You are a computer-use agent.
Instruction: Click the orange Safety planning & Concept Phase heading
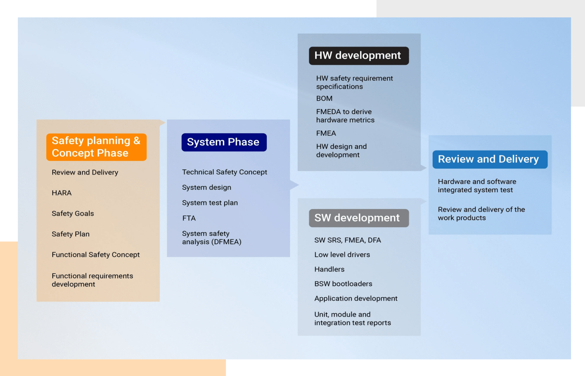(x=96, y=147)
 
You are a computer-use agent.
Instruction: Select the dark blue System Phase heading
(x=224, y=142)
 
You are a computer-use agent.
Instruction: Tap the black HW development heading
(x=359, y=56)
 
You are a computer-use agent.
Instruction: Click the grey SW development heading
(x=359, y=218)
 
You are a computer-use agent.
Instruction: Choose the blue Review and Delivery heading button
(x=490, y=159)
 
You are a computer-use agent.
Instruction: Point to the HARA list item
(x=62, y=193)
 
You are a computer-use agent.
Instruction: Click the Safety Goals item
(x=73, y=214)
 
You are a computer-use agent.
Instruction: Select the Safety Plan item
(x=71, y=234)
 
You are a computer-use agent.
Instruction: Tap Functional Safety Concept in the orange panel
(x=96, y=255)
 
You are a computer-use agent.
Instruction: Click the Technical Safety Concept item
(x=225, y=172)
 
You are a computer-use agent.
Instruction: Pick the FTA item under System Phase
(x=189, y=218)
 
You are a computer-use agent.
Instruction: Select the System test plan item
(x=210, y=203)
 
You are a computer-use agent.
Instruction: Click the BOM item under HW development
(x=324, y=98)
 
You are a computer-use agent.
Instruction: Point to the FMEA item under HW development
(x=326, y=133)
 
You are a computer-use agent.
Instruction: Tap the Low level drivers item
(x=342, y=255)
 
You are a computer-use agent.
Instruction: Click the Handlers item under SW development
(x=329, y=269)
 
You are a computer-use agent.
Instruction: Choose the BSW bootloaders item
(x=343, y=284)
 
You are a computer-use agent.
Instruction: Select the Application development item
(x=356, y=299)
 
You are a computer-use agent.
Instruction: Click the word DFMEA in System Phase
(x=226, y=242)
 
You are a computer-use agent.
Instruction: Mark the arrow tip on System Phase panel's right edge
(x=299, y=185)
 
